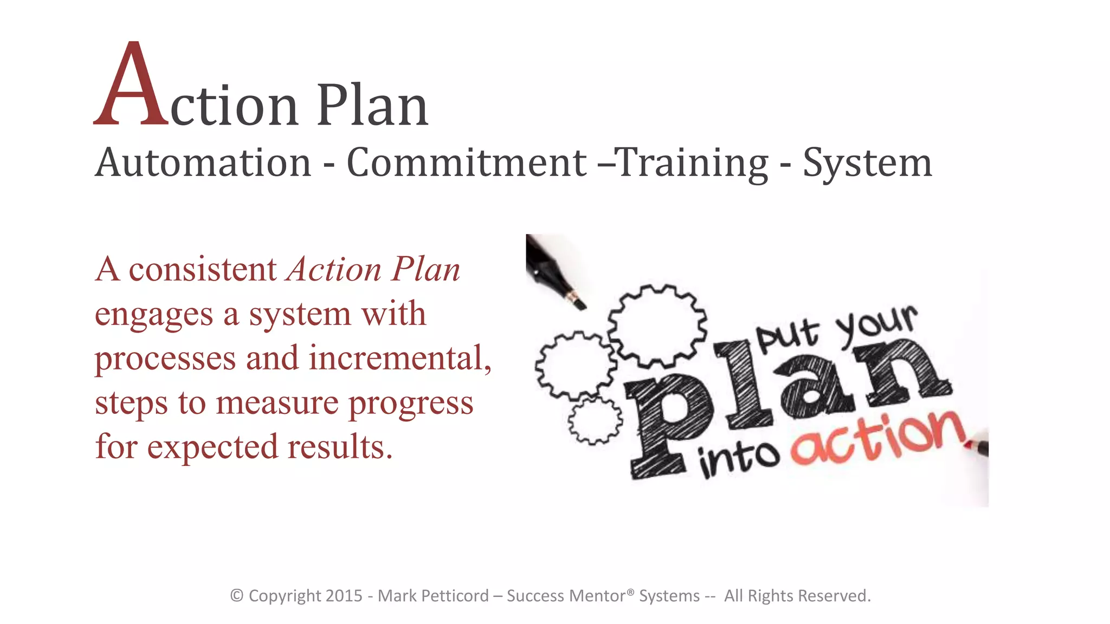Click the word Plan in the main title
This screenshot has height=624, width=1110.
tap(372, 106)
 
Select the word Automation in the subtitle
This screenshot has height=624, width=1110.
tap(203, 162)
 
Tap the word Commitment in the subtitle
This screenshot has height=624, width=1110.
tap(466, 162)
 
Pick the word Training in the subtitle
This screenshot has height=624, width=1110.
tap(693, 162)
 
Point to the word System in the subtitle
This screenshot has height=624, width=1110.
tap(867, 162)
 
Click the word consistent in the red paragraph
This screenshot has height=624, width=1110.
tap(202, 270)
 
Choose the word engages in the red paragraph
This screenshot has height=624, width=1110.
tap(154, 315)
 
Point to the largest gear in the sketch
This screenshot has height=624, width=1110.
tap(657, 325)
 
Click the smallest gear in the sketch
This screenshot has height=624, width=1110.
tap(595, 421)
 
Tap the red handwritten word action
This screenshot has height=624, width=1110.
tap(878, 439)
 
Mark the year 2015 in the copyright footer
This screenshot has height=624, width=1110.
tap(344, 596)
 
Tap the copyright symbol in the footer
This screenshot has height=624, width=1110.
tap(236, 596)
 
